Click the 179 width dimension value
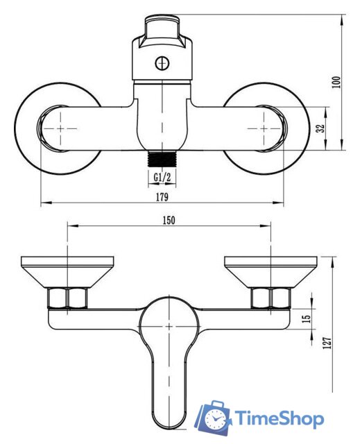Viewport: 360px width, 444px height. [x=162, y=197]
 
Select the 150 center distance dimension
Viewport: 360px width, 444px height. [x=169, y=221]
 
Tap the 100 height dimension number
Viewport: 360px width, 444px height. [x=336, y=82]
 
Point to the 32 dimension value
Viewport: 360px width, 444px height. [x=320, y=128]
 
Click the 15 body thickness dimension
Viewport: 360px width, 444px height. [x=307, y=318]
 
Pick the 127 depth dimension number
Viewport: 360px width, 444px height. [x=327, y=343]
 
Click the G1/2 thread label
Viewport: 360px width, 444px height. [x=162, y=178]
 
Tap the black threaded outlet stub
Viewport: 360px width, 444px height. [x=162, y=159]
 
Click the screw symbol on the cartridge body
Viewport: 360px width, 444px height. [x=162, y=63]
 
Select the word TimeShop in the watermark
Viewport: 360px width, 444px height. [x=280, y=418]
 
